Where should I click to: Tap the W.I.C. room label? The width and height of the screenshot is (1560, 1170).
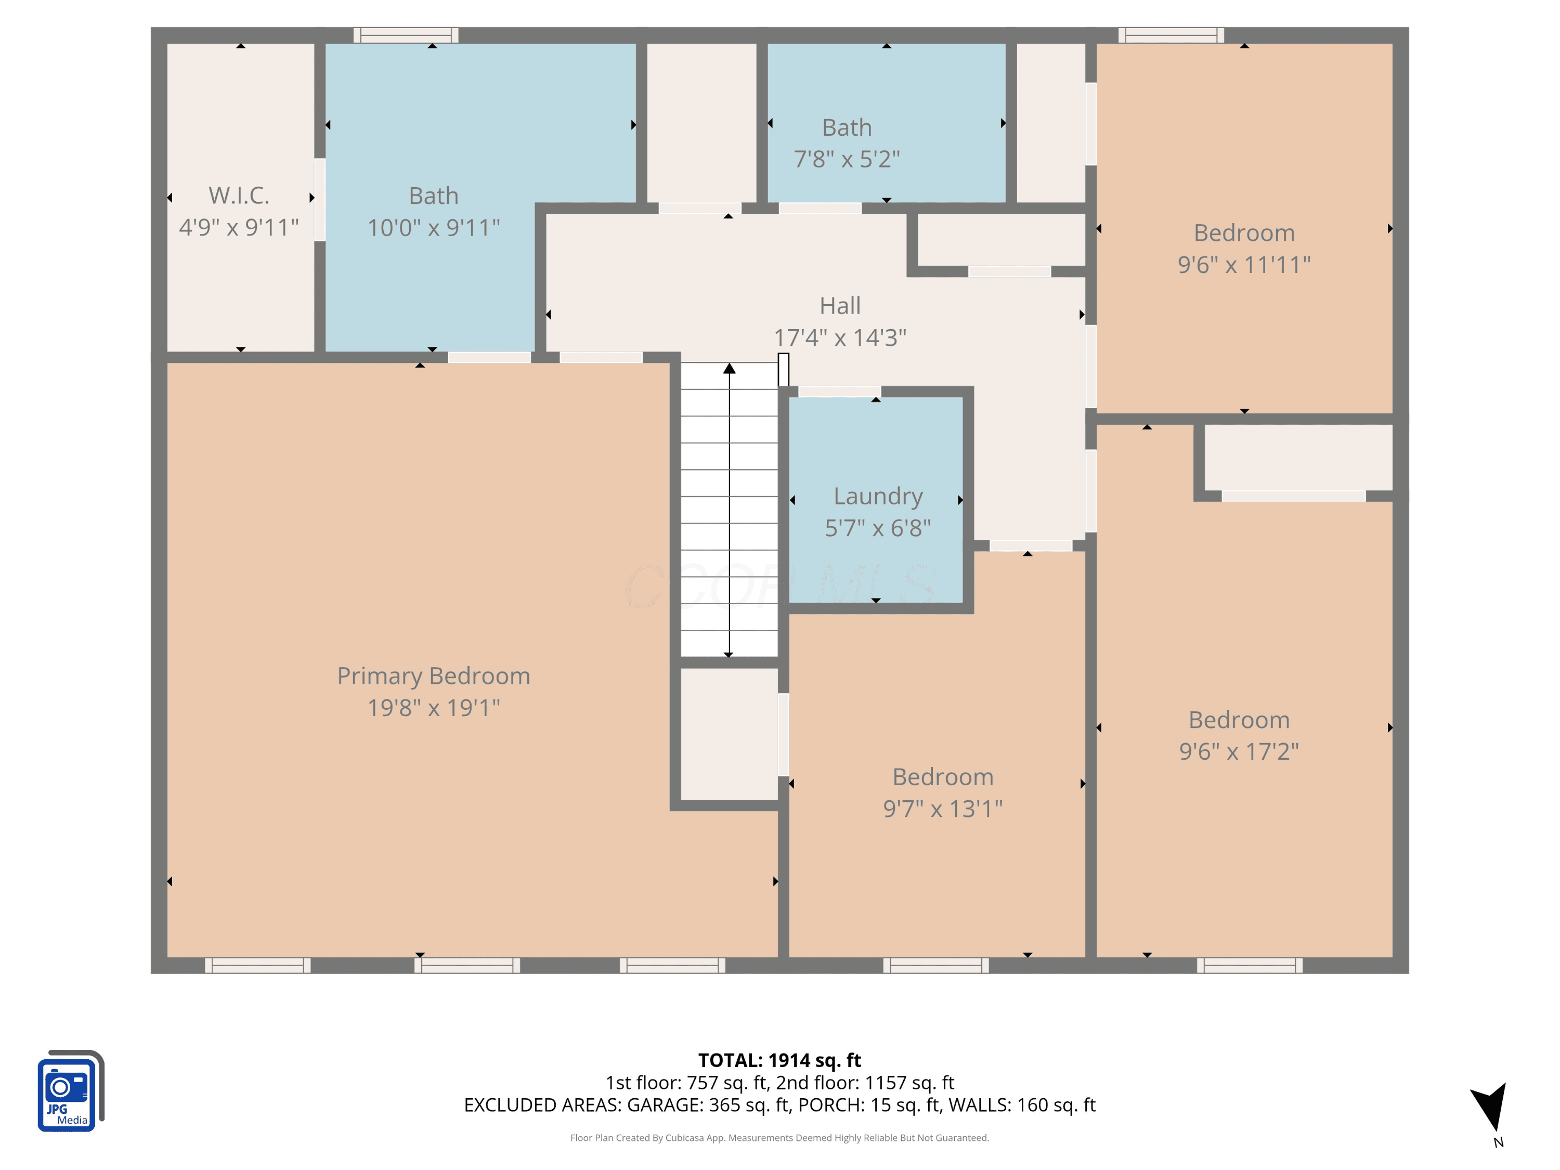coord(239,196)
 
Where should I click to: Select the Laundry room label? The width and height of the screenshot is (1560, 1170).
coord(878,497)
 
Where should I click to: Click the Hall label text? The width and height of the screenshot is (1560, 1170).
coord(840,305)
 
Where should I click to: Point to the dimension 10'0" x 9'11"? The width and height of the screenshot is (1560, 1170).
coord(433,228)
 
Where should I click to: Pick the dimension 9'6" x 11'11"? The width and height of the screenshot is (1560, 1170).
coord(1244,265)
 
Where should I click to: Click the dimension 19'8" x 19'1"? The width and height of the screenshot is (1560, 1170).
coord(433,707)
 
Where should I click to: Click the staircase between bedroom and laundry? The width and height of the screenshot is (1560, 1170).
coord(729,510)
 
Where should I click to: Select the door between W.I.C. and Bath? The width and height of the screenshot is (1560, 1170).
coord(319,200)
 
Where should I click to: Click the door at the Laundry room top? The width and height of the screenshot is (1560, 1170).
coord(839,392)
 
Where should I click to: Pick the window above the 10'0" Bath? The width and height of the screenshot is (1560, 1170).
coord(406,35)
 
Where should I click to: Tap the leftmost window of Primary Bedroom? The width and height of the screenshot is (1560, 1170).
coord(257,966)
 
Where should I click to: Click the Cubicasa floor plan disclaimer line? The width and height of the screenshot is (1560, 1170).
coord(779,1138)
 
